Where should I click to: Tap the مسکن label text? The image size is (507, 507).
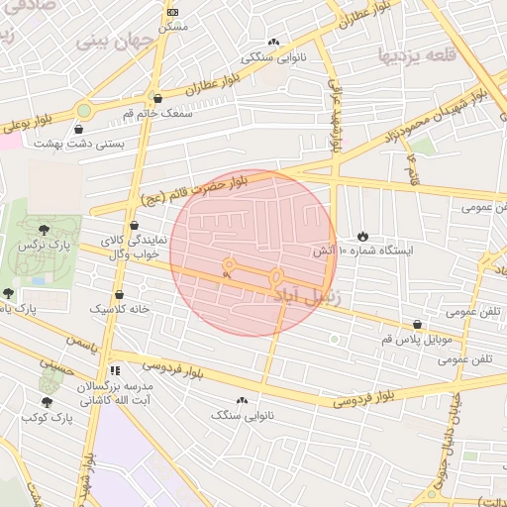coord(174,27)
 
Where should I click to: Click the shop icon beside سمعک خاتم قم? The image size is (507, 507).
coord(157,97)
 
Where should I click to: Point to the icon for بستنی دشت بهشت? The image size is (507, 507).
coord(79,128)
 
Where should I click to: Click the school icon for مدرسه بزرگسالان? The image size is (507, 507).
coord(115,369)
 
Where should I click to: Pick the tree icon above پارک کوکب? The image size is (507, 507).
coord(48,401)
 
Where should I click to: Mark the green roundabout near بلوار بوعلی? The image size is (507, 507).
coord(84,110)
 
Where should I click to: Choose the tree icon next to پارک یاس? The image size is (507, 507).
coord(8,293)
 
